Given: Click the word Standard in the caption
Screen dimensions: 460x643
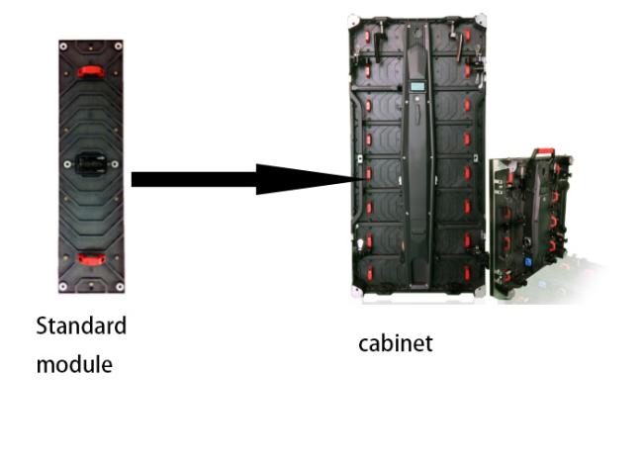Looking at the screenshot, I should [81, 325].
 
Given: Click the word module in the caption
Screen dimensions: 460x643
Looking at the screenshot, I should [74, 364].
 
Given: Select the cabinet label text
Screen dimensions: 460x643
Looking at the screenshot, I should [395, 343].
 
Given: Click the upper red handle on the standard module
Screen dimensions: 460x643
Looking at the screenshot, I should [92, 71].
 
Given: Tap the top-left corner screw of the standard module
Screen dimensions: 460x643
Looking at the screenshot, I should [63, 46].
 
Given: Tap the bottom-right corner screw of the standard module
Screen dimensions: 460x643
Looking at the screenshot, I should [120, 288].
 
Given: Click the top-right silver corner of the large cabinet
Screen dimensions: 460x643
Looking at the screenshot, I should [480, 21].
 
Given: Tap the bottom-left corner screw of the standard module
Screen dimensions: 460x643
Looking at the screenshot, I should [63, 288].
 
